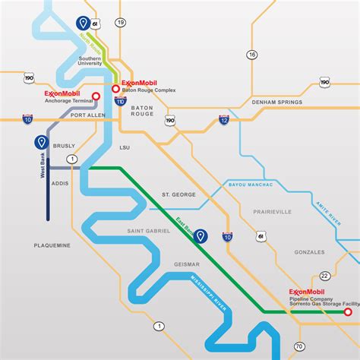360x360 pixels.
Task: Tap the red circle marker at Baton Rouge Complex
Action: [115, 88]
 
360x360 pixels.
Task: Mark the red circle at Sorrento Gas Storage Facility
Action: [347, 311]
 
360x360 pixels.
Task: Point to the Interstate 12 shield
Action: [224, 119]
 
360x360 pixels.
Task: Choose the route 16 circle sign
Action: [252, 55]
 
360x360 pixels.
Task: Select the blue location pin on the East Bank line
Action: [201, 236]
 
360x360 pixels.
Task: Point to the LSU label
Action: [126, 148]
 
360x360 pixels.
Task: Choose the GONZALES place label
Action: [309, 251]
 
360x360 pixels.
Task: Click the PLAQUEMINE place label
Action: [52, 245]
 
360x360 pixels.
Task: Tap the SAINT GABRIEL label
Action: [148, 231]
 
